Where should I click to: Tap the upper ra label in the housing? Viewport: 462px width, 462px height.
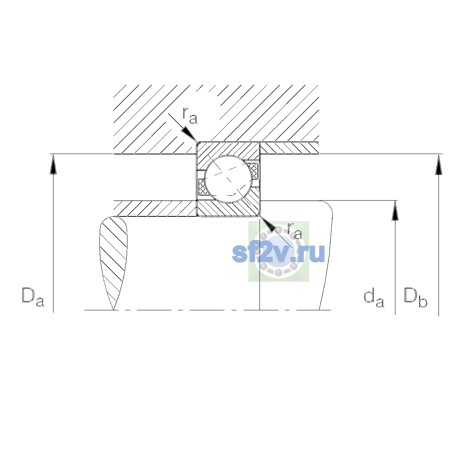[190, 115]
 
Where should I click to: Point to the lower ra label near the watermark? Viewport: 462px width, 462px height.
[295, 231]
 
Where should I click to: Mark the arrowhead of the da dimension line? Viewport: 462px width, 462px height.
[395, 211]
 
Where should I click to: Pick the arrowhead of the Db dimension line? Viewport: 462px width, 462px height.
[439, 164]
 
